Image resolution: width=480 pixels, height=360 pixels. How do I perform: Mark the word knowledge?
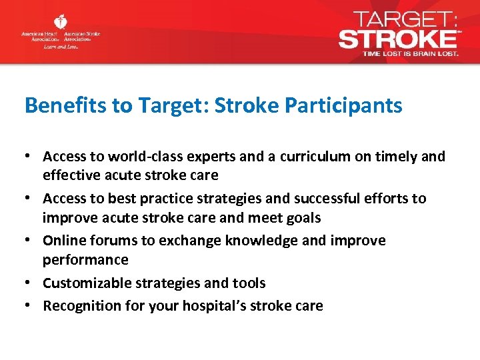257,241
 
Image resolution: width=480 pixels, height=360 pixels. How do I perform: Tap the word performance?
85,259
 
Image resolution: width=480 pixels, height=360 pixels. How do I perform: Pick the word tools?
250,283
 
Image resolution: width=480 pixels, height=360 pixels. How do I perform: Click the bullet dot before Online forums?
29,241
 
